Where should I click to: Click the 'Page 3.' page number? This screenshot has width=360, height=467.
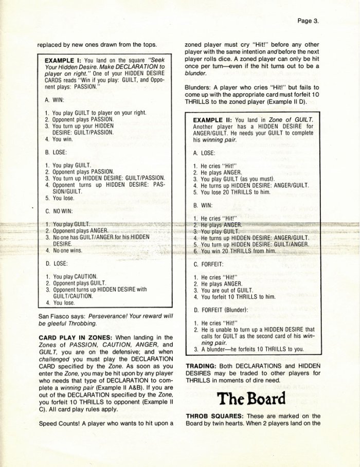pyautogui.click(x=309, y=21)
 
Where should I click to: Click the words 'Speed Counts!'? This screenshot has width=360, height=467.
pyautogui.click(x=58, y=423)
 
